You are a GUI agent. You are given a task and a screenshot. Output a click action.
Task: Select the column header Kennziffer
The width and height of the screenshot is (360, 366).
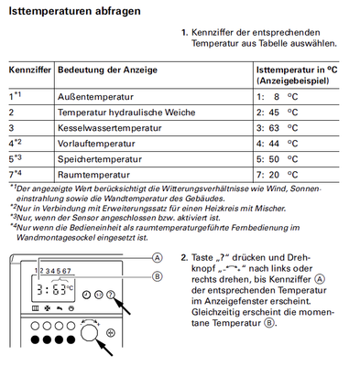30,70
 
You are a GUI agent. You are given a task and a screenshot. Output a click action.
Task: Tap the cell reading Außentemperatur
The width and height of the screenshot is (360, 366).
95,97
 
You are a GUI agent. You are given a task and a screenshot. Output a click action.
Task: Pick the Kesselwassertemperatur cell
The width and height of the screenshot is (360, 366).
110,128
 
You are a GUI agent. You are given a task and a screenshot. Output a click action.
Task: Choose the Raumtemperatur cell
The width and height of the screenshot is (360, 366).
93,175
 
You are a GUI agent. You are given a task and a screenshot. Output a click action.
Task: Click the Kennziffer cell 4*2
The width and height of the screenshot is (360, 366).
16,143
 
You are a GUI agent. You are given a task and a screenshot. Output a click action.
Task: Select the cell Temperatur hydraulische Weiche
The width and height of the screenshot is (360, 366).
126,113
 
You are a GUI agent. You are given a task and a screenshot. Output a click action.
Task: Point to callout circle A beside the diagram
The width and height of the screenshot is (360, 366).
157,258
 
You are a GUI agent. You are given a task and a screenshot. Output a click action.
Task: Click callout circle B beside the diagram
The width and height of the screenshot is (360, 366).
157,276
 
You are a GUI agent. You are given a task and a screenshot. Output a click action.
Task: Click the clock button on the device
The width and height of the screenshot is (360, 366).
87,295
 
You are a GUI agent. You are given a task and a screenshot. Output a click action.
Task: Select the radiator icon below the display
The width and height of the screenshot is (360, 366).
36,308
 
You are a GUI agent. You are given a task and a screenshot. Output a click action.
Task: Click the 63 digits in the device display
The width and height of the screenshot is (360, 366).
59,289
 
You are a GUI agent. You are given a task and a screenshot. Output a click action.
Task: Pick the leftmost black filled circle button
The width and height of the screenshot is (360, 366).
36,339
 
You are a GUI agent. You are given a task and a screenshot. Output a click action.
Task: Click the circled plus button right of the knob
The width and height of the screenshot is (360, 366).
111,333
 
